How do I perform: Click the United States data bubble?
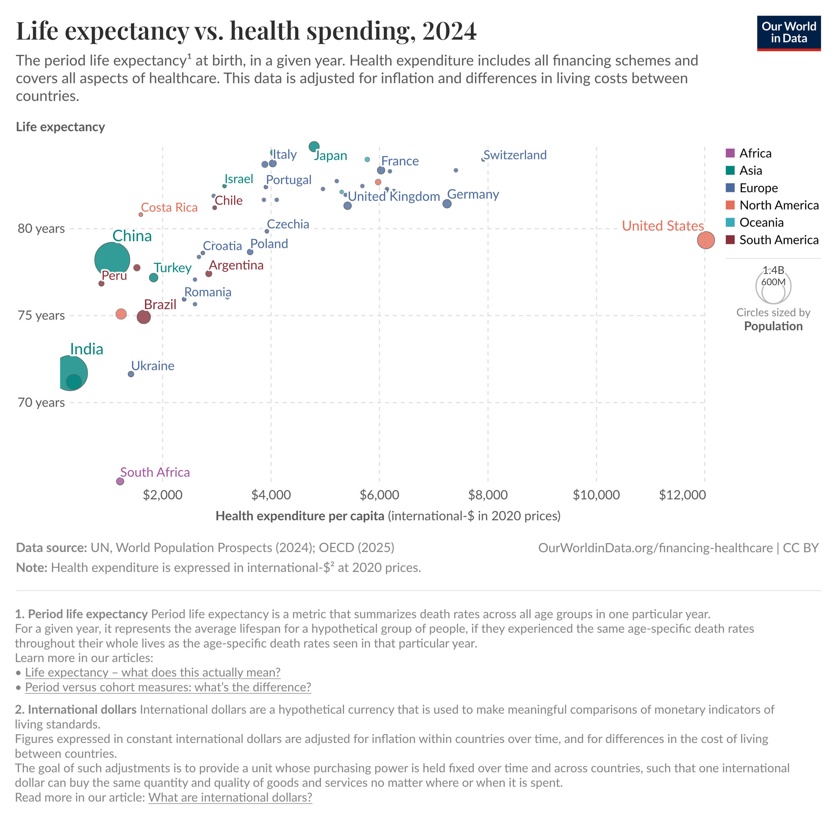tap(706, 240)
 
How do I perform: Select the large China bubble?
tap(112, 260)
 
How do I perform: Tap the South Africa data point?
tap(120, 481)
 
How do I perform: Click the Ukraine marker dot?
tap(131, 374)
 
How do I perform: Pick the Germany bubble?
tap(447, 204)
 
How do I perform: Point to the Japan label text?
tap(331, 156)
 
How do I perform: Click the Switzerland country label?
tap(515, 155)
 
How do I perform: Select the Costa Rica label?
tap(169, 208)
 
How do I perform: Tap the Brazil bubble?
tap(144, 318)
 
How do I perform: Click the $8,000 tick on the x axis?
tap(488, 495)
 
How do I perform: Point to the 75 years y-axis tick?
tap(41, 316)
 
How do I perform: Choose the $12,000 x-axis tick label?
tap(682, 495)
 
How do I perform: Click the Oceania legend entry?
tap(761, 223)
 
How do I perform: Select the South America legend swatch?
tap(730, 240)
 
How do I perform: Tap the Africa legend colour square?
tap(730, 153)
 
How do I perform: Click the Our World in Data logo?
tap(789, 33)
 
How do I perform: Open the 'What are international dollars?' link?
tap(230, 797)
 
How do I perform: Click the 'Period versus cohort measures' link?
tap(168, 687)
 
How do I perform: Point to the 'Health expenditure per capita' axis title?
tap(300, 516)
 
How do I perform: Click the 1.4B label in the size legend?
tap(773, 270)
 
